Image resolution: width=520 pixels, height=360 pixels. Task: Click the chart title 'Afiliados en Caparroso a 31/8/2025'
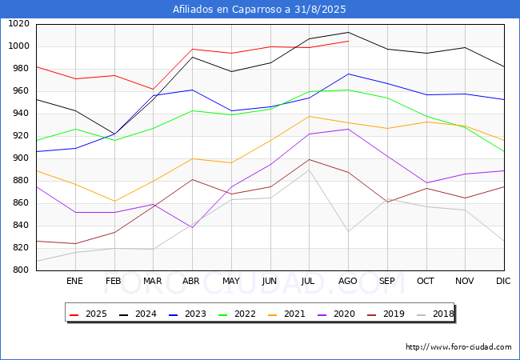click(260, 10)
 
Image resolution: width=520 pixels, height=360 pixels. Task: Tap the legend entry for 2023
click(193, 314)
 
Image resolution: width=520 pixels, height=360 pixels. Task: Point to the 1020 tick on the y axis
click(18, 24)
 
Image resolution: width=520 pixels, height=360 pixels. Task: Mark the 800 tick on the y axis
click(20, 270)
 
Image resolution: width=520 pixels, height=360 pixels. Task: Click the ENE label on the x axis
click(74, 282)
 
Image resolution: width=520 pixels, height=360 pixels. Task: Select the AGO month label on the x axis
click(348, 282)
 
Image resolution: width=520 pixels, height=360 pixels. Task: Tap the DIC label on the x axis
click(503, 282)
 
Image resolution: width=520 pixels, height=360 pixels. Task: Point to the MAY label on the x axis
click(230, 282)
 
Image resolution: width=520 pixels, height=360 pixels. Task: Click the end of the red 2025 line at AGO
click(348, 41)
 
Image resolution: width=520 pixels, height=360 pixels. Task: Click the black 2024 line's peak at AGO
click(348, 33)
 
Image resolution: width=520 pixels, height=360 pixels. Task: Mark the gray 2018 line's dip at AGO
click(348, 232)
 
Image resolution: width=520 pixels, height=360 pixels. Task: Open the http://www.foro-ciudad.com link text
click(458, 347)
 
